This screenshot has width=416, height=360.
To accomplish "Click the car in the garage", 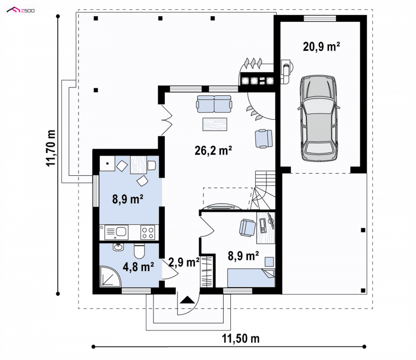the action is pyautogui.click(x=319, y=118).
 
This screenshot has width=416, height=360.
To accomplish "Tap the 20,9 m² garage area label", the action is pyautogui.click(x=321, y=47).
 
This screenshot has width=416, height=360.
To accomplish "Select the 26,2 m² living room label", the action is pyautogui.click(x=213, y=150).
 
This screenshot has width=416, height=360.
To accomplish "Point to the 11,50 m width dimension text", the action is pyautogui.click(x=241, y=339).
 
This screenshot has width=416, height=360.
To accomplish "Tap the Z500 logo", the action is pyautogui.click(x=21, y=10).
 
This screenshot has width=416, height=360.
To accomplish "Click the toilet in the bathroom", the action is pyautogui.click(x=139, y=251).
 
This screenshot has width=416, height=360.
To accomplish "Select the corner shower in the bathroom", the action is pyautogui.click(x=110, y=276).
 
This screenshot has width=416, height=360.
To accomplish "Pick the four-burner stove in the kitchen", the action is pyautogui.click(x=148, y=233).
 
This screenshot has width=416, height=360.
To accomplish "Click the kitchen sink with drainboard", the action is pyautogui.click(x=116, y=233).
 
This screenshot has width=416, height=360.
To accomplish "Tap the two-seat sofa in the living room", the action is pyautogui.click(x=214, y=104).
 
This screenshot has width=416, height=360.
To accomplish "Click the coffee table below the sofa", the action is pyautogui.click(x=215, y=124).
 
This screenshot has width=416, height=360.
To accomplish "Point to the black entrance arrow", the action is pyautogui.click(x=188, y=300).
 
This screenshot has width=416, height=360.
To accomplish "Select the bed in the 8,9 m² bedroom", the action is pyautogui.click(x=251, y=278).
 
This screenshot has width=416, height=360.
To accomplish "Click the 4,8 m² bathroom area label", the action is pyautogui.click(x=138, y=266).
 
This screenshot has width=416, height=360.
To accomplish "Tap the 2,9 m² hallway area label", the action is pyautogui.click(x=184, y=262).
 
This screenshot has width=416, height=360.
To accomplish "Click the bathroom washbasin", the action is pyautogui.click(x=118, y=247).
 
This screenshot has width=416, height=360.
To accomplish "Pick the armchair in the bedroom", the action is pyautogui.click(x=248, y=227).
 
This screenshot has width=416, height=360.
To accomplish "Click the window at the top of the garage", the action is pyautogui.click(x=320, y=18).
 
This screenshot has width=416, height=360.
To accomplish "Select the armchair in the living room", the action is pyautogui.click(x=264, y=138).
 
